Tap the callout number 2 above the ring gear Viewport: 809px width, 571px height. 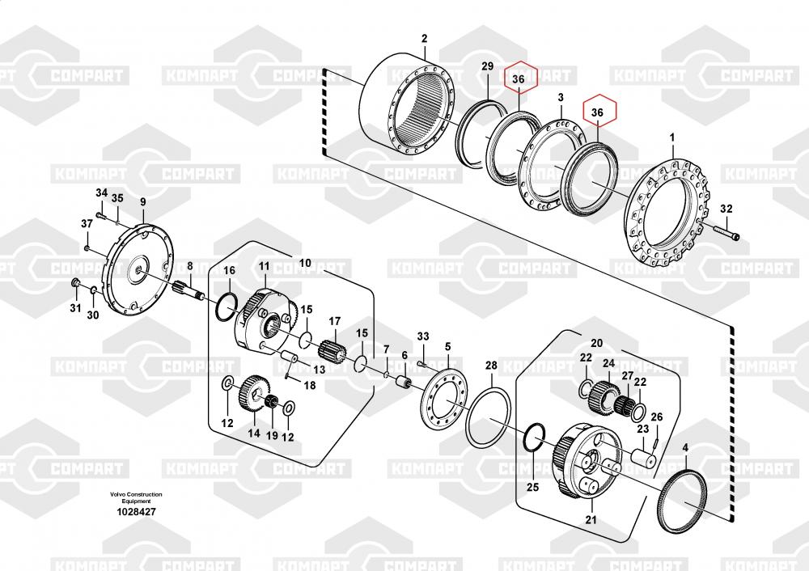425,38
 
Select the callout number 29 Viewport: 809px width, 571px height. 487,66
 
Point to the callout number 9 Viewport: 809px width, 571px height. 142,202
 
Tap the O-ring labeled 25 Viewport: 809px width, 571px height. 532,439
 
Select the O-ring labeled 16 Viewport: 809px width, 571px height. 228,306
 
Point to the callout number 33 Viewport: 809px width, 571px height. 423,336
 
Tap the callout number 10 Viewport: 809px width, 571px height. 305,263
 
